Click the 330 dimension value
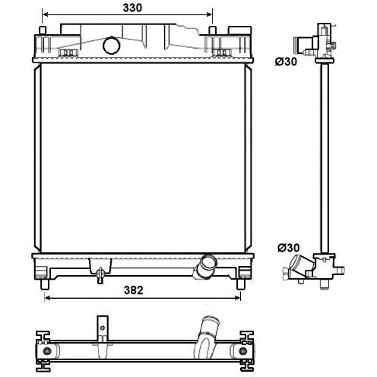[132, 8]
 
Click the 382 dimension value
[134, 290]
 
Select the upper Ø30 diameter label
[286, 62]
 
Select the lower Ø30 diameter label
[289, 248]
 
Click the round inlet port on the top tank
[112, 46]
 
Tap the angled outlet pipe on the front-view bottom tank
[204, 268]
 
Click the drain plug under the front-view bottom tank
[100, 275]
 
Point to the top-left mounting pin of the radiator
[43, 30]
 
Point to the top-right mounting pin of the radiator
[213, 30]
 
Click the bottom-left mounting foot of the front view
[44, 284]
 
